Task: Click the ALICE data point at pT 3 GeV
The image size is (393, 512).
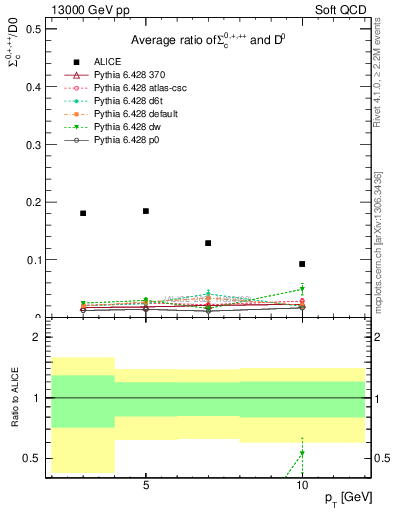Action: click(83, 213)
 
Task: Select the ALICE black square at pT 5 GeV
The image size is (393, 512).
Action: click(146, 211)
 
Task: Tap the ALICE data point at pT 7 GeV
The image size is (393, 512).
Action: click(208, 243)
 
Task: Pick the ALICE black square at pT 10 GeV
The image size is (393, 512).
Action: click(302, 264)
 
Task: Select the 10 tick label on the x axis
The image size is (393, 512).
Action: click(302, 485)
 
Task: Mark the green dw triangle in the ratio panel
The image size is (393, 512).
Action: click(302, 454)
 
